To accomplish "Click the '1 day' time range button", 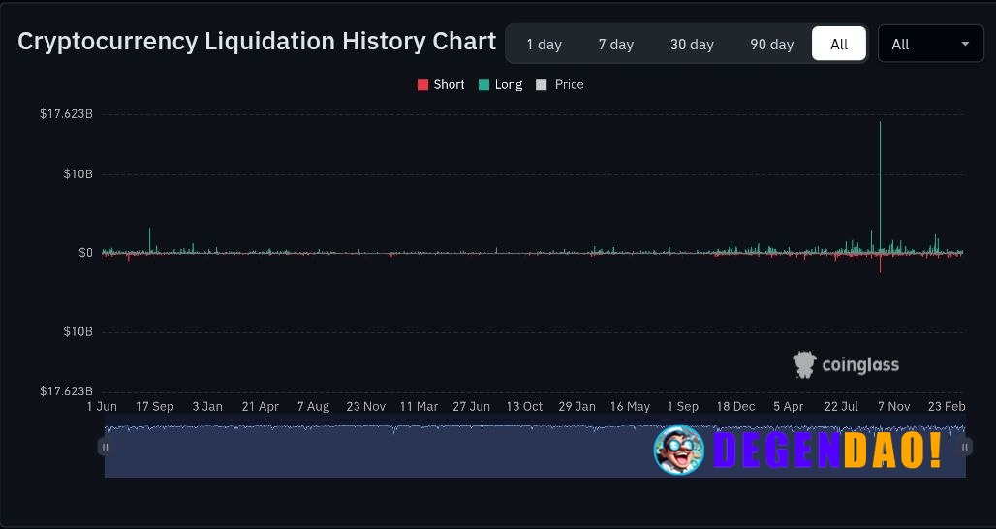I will (x=544, y=44).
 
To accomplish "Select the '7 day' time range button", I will (x=615, y=44).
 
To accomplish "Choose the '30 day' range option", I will (x=692, y=44).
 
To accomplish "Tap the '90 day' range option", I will (x=771, y=44).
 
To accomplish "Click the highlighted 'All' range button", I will (x=839, y=44).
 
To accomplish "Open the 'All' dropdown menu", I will (x=930, y=44).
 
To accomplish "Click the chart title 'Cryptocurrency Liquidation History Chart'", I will (x=257, y=42).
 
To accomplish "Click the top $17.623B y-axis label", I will (x=66, y=114).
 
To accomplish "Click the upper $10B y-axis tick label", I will (x=78, y=174).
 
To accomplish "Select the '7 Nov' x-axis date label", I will (x=892, y=407).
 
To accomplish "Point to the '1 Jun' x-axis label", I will (x=102, y=407).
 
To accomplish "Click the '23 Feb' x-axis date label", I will (x=947, y=407).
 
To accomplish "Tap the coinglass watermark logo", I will (x=846, y=364).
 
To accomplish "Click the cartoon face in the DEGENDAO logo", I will (x=678, y=451).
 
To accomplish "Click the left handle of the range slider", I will (x=105, y=447).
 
